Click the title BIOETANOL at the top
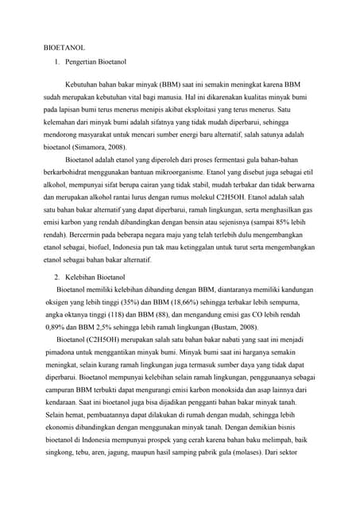click(x=64, y=48)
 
